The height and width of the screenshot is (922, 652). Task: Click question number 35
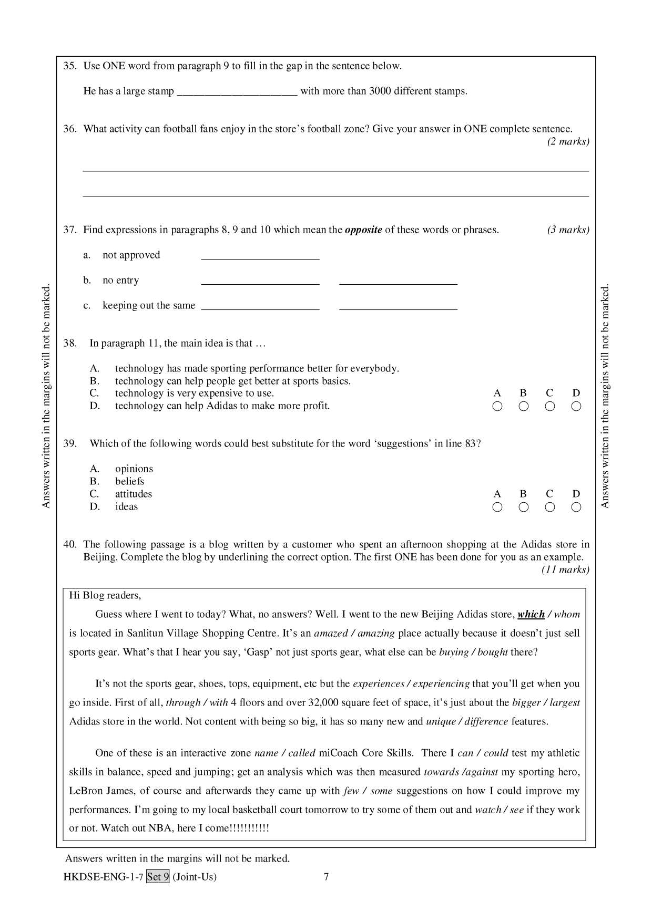70,66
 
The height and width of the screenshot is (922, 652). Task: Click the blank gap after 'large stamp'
237,92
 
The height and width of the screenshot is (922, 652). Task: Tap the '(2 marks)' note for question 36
568,141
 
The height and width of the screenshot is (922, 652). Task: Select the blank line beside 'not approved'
260,256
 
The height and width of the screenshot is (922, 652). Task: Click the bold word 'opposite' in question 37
363,230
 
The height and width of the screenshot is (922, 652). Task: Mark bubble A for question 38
497,406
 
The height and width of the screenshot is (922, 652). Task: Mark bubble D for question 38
576,406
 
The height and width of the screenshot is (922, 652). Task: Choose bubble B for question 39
524,507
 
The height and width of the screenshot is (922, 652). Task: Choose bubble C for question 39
550,507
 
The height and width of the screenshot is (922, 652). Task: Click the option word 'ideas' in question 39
127,506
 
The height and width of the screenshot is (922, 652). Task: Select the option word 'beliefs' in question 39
130,481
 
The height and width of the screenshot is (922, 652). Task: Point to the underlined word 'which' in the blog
531,614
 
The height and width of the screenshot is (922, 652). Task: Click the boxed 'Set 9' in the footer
158,876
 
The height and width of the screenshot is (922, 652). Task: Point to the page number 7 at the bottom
326,876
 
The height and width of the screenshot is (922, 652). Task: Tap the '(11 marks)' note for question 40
565,570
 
